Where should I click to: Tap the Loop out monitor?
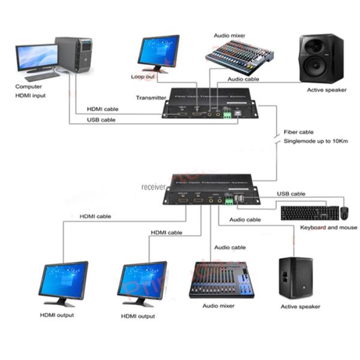point(158,52)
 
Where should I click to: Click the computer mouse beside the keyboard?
point(344,212)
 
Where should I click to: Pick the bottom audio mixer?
point(221,279)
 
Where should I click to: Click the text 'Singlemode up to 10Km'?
point(316,142)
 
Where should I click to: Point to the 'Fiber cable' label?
point(298,132)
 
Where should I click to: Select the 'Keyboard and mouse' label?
point(328,227)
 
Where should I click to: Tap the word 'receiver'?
point(154,187)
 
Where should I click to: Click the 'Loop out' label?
point(143,77)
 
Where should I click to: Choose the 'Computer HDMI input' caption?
point(31,91)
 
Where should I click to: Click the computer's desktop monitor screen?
point(37,56)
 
